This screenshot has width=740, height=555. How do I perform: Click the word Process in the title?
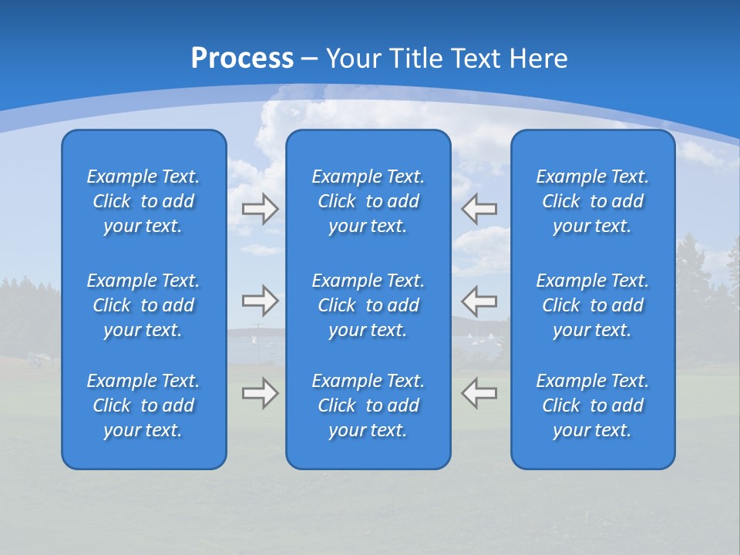point(242,59)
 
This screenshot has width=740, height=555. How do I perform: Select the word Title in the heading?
point(417,59)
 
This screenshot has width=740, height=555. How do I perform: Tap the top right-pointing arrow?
point(261,209)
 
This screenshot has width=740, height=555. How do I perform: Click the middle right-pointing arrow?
point(261,301)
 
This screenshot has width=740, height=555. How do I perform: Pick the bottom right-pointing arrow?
point(261,393)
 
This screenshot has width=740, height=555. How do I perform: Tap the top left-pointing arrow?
point(479,209)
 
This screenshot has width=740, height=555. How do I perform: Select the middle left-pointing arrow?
point(479,301)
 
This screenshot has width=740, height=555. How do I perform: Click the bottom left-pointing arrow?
point(479,393)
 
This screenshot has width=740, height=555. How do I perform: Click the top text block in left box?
point(143,201)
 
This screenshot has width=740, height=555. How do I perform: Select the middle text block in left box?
point(143,305)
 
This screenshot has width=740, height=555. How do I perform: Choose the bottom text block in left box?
point(143,405)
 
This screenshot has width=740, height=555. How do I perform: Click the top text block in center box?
point(368,201)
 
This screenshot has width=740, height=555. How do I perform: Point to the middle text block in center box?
point(368,305)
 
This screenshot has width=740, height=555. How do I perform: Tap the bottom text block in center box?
point(368,405)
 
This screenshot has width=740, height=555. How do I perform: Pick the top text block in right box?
point(593,201)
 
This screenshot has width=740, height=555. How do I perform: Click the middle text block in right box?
point(593,305)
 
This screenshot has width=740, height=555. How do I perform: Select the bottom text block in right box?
point(593,405)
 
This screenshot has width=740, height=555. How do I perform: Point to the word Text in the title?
point(475,59)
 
